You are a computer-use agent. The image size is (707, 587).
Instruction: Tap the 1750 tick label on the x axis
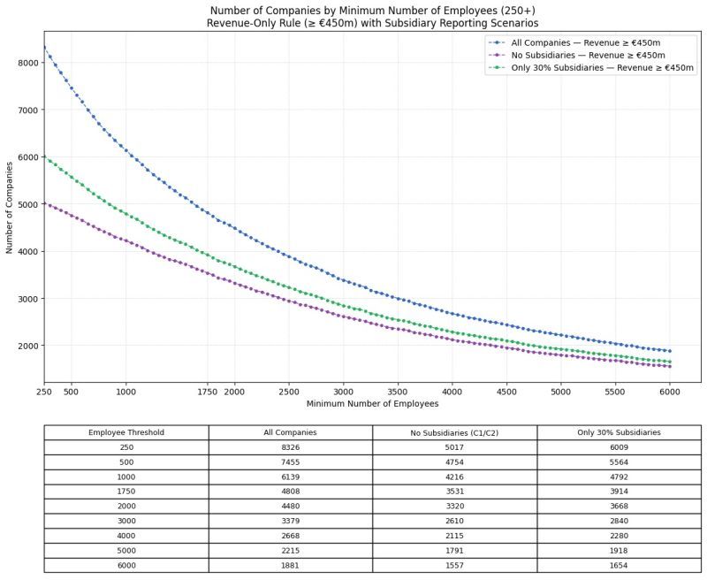[x=207, y=391]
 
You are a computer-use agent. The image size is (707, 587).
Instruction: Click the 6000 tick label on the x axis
[x=670, y=391]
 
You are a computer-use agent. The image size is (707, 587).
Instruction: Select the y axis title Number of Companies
[x=11, y=208]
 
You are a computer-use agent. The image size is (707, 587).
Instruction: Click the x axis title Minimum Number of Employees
[x=372, y=404]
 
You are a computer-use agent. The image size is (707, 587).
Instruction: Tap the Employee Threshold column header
[x=126, y=432]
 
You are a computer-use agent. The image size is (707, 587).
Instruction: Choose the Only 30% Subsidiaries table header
[x=619, y=432]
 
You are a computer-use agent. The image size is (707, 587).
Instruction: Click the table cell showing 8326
[x=291, y=447]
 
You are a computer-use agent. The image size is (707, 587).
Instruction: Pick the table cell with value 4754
[x=454, y=461]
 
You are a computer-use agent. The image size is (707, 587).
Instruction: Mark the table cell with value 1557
[x=454, y=564]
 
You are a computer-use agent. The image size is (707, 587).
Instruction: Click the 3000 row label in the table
[x=126, y=521]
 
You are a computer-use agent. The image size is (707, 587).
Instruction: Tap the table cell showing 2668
[x=291, y=535]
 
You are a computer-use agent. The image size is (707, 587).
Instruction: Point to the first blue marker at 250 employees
[x=44, y=48]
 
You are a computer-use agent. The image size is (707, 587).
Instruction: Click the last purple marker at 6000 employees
[x=670, y=366]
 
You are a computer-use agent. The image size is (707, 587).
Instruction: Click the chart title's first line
[x=372, y=10]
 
